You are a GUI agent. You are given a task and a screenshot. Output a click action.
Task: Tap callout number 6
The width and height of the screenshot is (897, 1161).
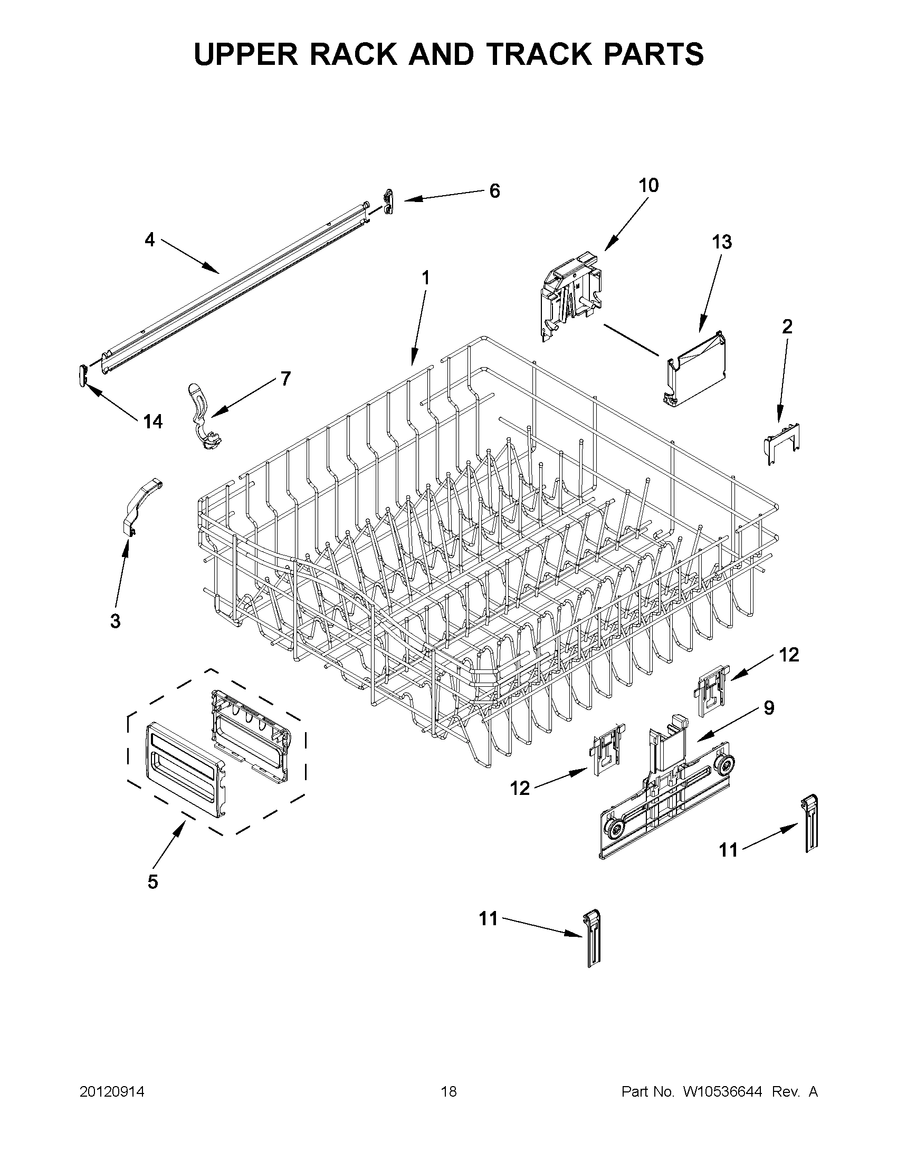(494, 191)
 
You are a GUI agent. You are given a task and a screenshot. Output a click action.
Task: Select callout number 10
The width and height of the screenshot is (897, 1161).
(648, 186)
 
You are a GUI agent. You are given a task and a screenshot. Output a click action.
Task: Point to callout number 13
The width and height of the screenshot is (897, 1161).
(721, 242)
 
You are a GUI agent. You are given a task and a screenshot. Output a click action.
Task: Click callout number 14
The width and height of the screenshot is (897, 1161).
(152, 422)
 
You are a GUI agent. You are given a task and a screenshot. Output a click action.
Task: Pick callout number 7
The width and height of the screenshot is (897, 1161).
(285, 379)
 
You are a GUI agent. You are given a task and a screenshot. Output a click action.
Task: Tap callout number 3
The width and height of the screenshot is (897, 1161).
(115, 620)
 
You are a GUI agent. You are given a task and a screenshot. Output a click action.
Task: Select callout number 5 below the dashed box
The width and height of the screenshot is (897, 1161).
(152, 882)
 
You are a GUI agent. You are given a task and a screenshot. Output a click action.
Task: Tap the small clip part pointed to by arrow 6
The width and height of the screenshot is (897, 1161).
(389, 202)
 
